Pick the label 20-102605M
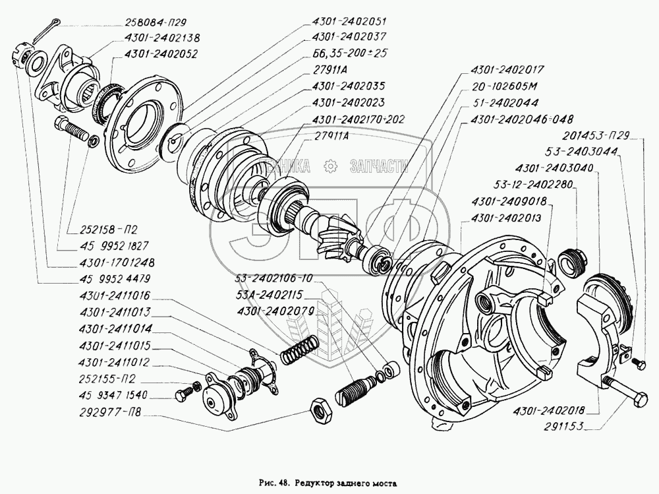click(x=505, y=86)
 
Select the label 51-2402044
click(x=505, y=103)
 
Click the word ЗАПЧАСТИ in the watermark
click(x=379, y=168)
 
